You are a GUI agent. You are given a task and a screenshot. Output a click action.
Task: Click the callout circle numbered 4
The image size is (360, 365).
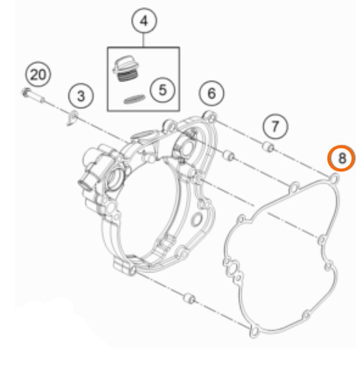pyautogui.click(x=144, y=21)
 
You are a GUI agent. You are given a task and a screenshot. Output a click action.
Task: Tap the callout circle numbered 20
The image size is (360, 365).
pyautogui.click(x=38, y=74)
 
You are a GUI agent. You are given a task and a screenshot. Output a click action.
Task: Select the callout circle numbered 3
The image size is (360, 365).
pyautogui.click(x=81, y=96)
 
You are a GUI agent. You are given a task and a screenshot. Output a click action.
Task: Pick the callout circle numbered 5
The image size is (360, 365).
pyautogui.click(x=162, y=90)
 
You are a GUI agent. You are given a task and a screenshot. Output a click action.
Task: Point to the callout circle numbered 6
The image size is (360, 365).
pyautogui.click(x=211, y=93)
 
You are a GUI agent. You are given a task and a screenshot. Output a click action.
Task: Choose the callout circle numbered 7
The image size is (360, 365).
pyautogui.click(x=275, y=126)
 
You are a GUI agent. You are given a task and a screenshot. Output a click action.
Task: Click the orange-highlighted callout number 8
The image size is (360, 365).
pyautogui.click(x=341, y=158)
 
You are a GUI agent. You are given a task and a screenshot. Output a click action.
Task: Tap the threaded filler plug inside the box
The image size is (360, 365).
pyautogui.click(x=125, y=68)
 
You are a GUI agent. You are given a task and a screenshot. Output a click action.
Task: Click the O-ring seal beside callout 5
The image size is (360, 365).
pyautogui.click(x=134, y=99)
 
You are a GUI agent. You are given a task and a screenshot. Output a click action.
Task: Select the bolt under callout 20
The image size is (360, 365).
pyautogui.click(x=33, y=95)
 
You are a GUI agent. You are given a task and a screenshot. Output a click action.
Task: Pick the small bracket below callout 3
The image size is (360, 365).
pyautogui.click(x=72, y=118)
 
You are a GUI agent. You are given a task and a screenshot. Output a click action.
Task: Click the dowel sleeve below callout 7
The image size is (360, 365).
pyautogui.click(x=268, y=147)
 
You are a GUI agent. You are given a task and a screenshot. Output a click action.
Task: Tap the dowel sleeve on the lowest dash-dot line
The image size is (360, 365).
pyautogui.click(x=189, y=299)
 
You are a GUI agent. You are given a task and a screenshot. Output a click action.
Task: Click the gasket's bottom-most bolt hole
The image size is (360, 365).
pyautogui.click(x=254, y=331)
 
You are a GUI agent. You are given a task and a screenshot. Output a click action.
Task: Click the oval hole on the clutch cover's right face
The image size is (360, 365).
pyautogui.click(x=196, y=219)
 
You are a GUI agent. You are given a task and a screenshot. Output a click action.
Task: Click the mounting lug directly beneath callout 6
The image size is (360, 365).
pyautogui.click(x=210, y=117)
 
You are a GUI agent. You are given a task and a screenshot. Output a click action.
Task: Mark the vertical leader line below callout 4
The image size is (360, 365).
pyautogui.click(x=143, y=40)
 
